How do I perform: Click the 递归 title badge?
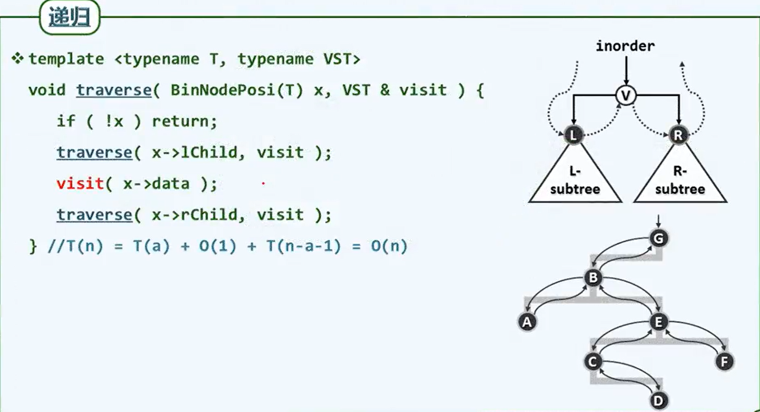tap(70, 17)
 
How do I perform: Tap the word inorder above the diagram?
tap(625, 46)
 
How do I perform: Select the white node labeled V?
tap(626, 95)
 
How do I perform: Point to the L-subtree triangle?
tap(575, 177)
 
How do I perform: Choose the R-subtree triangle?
tap(680, 177)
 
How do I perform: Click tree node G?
tap(659, 239)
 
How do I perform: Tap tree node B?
tap(593, 278)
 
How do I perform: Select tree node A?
tap(527, 322)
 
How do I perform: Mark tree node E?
tap(659, 322)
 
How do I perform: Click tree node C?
tap(593, 362)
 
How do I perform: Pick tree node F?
tap(725, 362)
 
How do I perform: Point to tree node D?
tap(659, 401)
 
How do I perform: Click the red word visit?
tap(80, 184)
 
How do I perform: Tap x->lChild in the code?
tap(195, 152)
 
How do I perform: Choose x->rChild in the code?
tap(195, 215)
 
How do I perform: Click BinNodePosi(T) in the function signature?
tap(237, 90)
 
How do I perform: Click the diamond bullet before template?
tap(17, 58)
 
